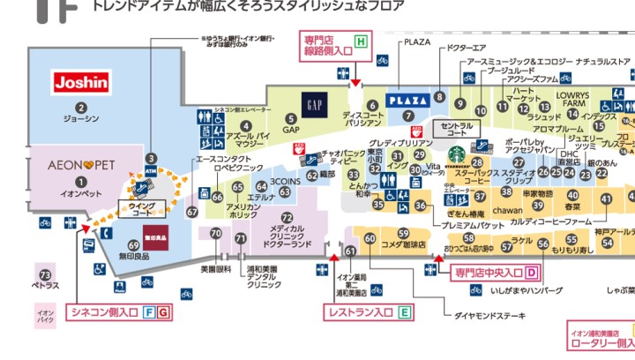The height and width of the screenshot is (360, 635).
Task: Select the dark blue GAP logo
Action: [313, 103]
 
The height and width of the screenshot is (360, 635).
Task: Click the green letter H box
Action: [360, 41]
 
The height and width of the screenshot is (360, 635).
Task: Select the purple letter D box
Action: [532, 273]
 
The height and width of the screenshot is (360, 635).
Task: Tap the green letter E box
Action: [405, 311]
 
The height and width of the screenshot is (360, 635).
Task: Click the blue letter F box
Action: [150, 311]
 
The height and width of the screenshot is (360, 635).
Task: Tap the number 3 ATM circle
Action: [151, 158]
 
